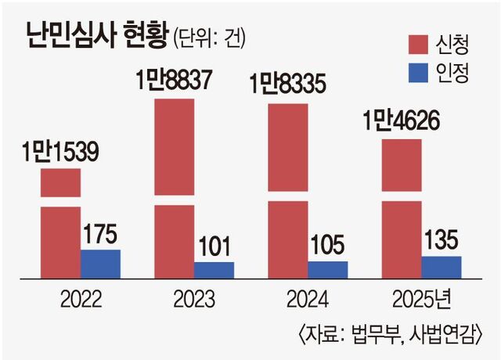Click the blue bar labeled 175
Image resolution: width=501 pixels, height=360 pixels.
click(x=101, y=263)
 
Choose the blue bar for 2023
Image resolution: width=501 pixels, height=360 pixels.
click(x=214, y=269)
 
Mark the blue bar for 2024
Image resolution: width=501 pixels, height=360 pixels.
click(x=327, y=269)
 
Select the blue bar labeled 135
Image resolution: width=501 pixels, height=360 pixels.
click(x=441, y=266)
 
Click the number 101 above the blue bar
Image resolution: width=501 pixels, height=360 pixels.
click(x=214, y=247)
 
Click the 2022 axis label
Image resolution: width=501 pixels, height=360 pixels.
click(x=80, y=299)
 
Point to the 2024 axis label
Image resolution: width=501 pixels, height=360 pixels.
click(x=307, y=299)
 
